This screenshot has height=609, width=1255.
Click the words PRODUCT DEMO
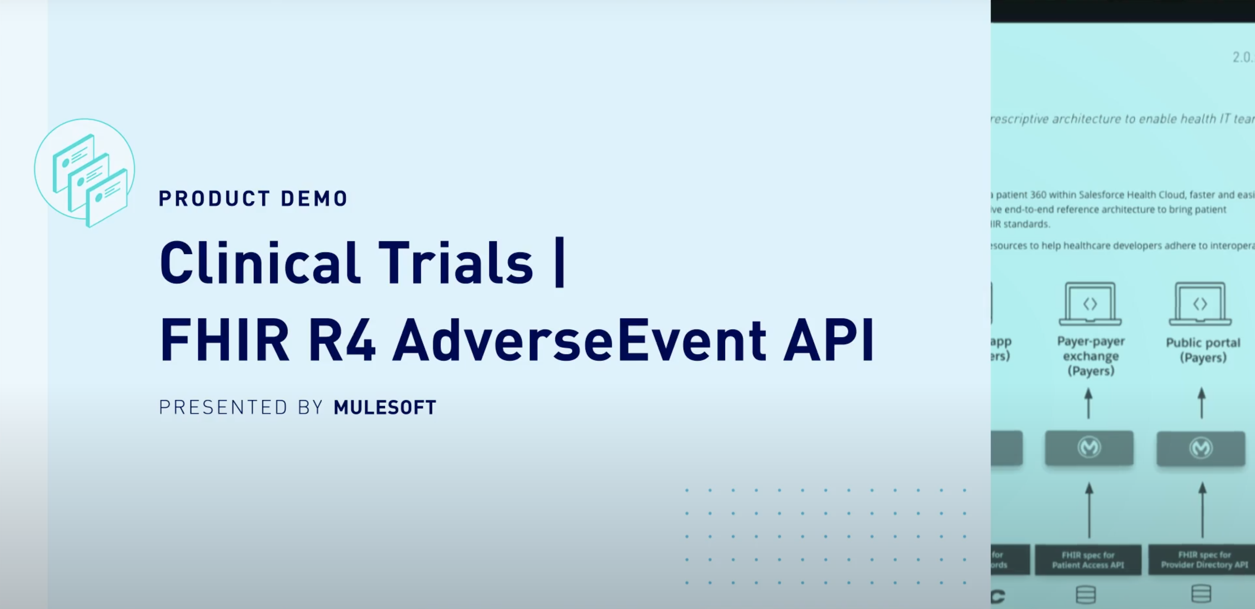click(x=253, y=198)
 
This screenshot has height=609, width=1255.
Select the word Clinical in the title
click(x=260, y=263)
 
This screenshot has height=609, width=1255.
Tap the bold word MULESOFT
click(x=385, y=407)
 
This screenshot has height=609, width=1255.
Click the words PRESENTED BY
click(x=241, y=407)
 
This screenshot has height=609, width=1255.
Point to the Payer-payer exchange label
click(x=1090, y=356)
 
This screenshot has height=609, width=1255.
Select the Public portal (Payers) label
click(x=1202, y=350)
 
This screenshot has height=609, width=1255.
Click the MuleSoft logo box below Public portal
click(x=1200, y=448)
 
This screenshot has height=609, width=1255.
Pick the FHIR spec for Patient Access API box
click(x=1088, y=560)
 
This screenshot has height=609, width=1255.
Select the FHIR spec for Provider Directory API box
click(x=1204, y=560)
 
